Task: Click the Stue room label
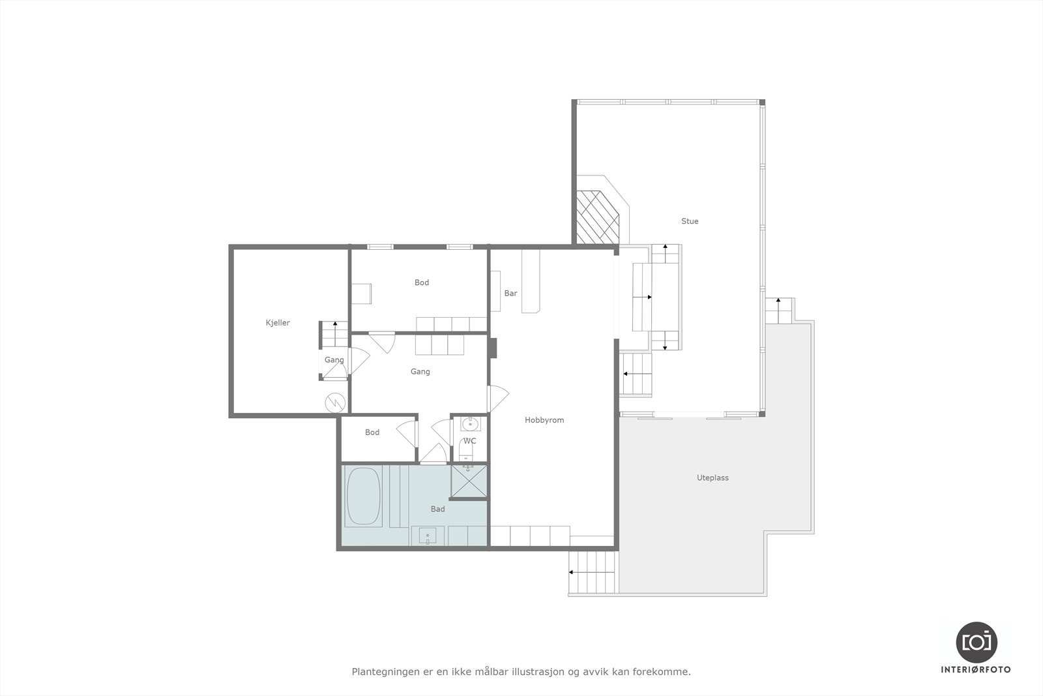click(x=690, y=221)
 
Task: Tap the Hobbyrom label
click(x=544, y=420)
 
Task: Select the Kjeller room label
click(x=278, y=323)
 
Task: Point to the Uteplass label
click(x=712, y=477)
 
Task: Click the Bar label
click(x=510, y=294)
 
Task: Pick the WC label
click(x=470, y=441)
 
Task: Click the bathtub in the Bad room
click(x=363, y=496)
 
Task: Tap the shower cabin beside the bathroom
click(x=469, y=481)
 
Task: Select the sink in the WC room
click(x=469, y=425)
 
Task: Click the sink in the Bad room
click(x=428, y=536)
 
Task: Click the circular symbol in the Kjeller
click(x=335, y=402)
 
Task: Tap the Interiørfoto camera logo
click(x=976, y=642)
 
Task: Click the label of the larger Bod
click(x=422, y=282)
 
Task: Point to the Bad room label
click(x=437, y=509)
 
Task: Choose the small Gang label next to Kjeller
click(x=334, y=360)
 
